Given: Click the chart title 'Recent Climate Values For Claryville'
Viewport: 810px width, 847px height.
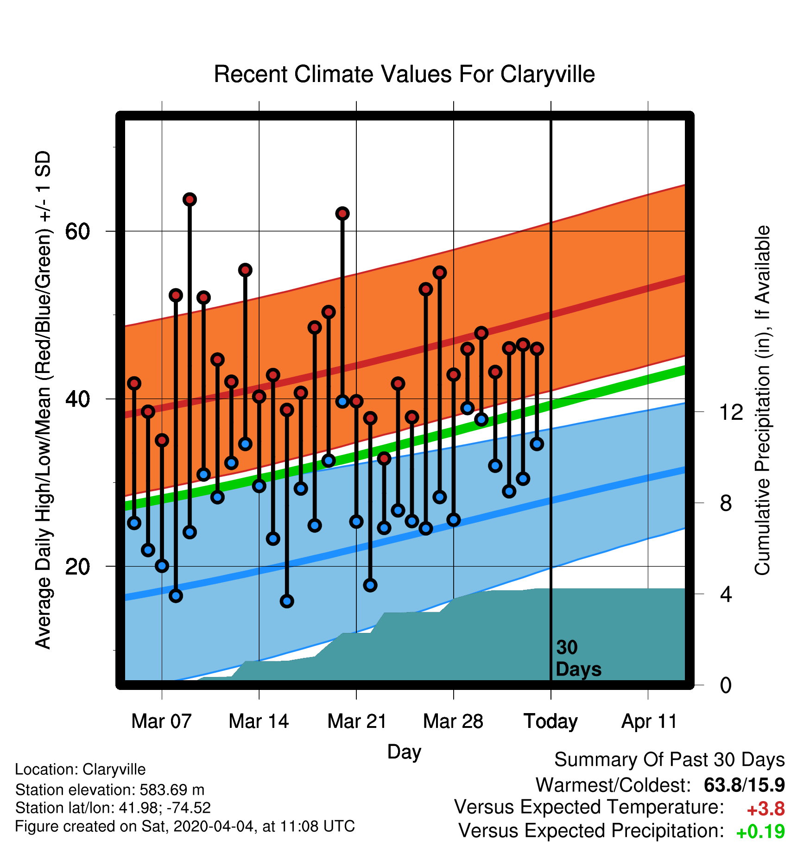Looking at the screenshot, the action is click(404, 74).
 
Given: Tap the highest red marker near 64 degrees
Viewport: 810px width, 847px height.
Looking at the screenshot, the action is click(190, 200).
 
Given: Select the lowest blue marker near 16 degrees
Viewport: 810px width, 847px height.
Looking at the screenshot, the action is click(287, 601).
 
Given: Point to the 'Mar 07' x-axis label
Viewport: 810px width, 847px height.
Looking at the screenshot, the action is click(161, 721).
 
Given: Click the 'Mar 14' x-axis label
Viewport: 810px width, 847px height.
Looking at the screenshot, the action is click(259, 721).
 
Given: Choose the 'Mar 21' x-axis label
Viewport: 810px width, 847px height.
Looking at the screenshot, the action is click(357, 721).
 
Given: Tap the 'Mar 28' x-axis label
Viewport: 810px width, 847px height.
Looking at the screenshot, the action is click(453, 721).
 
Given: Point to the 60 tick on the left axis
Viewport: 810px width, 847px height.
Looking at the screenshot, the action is click(78, 231).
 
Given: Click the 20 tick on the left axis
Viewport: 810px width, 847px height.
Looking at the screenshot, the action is click(78, 566).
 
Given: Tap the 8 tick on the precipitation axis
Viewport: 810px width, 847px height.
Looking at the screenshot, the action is click(726, 503).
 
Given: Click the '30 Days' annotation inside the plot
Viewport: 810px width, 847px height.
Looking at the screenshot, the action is click(578, 658).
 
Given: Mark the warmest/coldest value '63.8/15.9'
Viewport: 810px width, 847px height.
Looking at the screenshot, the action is click(744, 785).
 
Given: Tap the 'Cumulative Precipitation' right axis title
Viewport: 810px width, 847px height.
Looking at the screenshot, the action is click(762, 400).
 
